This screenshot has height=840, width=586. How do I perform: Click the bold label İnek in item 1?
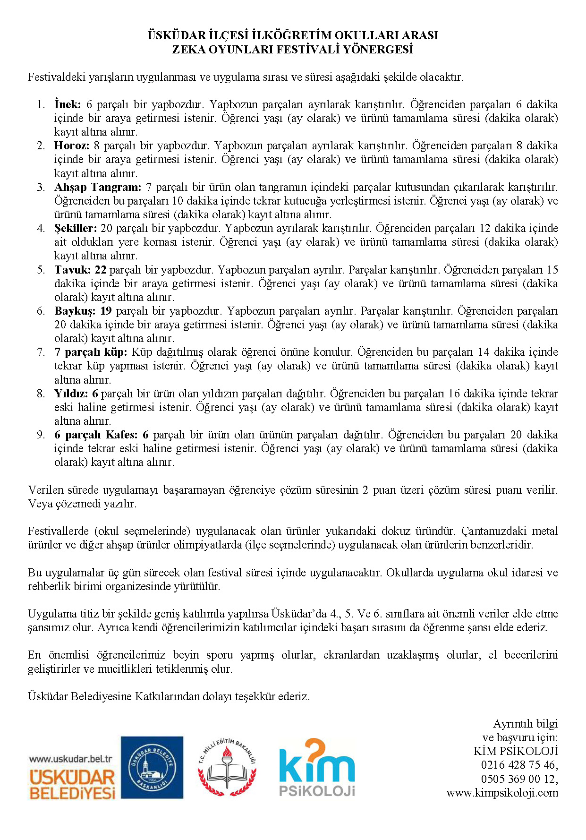coord(68,104)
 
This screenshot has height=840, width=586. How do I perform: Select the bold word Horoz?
coord(71,146)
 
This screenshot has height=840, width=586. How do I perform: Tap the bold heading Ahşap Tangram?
coord(98,187)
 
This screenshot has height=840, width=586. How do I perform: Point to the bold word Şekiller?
coord(75,228)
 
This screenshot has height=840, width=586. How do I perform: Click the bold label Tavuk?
coord(72,270)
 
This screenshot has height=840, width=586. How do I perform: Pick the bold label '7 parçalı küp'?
coord(91,352)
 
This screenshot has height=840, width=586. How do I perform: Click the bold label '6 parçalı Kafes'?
coord(96,435)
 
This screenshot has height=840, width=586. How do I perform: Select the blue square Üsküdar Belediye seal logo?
coord(152,767)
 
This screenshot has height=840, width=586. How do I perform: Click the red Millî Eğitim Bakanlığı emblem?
coord(227,768)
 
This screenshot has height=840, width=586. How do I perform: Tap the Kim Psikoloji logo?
coord(316,767)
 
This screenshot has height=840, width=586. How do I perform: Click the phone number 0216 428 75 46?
coord(519,765)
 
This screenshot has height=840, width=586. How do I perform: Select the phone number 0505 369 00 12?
coord(519,779)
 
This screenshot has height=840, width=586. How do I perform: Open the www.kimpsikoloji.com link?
coord(502,793)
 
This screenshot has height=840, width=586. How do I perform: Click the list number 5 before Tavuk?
coord(41,270)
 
